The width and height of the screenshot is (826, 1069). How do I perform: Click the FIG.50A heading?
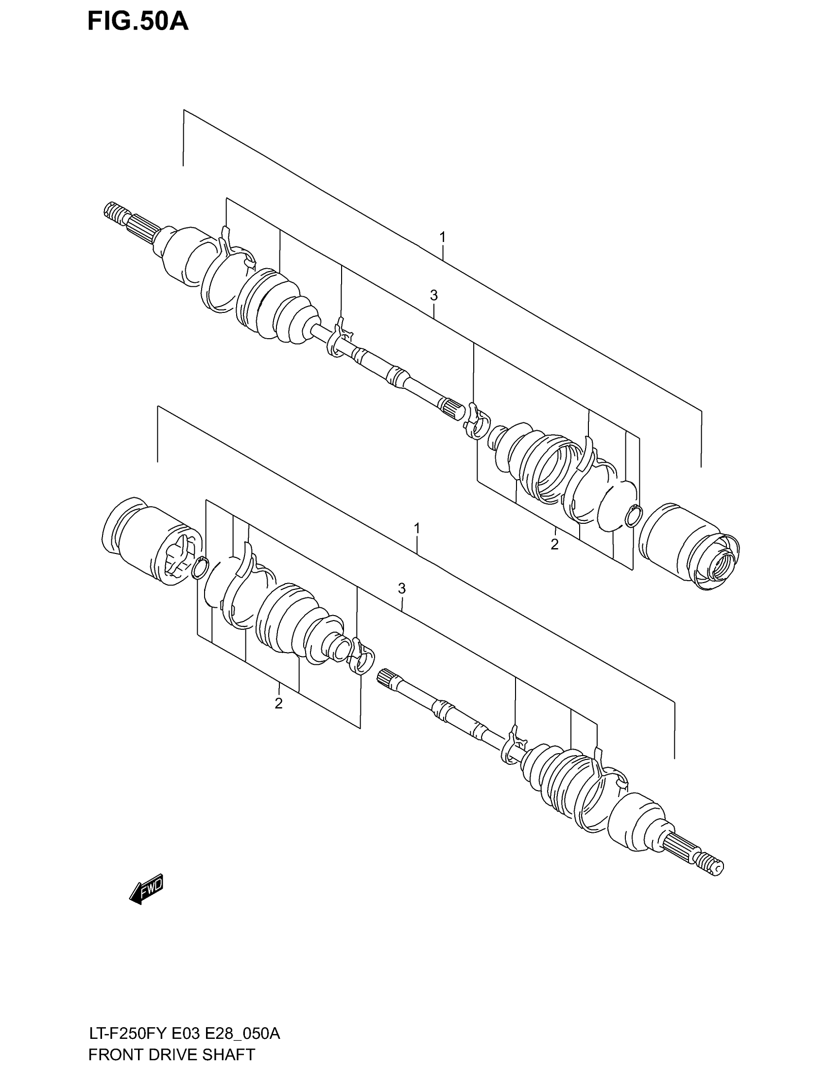click(x=138, y=22)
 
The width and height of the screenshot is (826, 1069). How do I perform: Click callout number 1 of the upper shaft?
click(x=442, y=238)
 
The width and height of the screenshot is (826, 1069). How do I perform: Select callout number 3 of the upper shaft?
click(x=433, y=295)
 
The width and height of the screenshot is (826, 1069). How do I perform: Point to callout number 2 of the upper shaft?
click(x=554, y=544)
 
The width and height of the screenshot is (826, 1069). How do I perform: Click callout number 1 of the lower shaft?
click(x=417, y=529)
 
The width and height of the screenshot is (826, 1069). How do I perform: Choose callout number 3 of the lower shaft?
click(x=402, y=588)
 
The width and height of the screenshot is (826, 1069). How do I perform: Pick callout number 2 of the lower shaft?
click(x=278, y=704)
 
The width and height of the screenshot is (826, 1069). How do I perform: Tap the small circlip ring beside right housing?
click(x=634, y=516)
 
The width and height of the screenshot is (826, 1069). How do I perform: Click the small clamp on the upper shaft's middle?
click(x=339, y=338)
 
